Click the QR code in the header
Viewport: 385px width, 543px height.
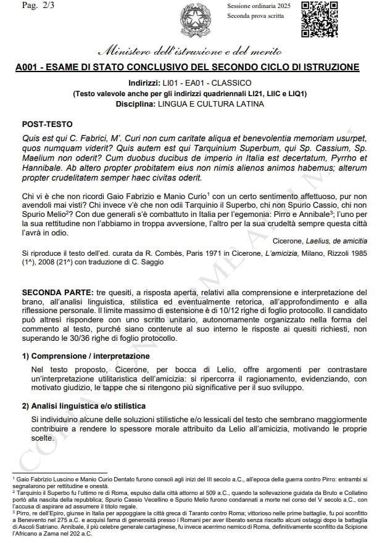(319, 19)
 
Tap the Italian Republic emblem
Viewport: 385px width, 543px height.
(196, 20)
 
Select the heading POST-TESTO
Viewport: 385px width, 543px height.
(47, 123)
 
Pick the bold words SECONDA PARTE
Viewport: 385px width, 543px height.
(57, 292)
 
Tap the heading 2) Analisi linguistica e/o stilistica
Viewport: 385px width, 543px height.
(84, 406)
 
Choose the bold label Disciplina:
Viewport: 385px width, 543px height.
(136, 104)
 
